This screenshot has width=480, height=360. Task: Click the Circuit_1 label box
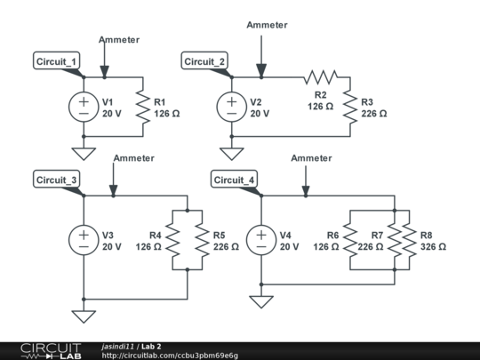coord(57,60)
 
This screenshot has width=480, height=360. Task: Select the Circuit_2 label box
coord(204,60)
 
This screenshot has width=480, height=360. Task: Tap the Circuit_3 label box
coord(57,179)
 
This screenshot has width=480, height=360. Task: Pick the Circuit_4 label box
coord(234,179)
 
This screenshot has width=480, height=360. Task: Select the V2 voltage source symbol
coord(232,107)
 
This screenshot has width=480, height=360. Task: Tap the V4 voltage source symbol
coord(261,240)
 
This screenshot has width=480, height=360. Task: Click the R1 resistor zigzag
coord(143,107)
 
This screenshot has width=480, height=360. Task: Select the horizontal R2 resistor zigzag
coord(321,77)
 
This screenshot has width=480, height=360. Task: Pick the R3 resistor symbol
coord(350,107)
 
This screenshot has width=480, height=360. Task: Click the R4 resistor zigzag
coord(172,240)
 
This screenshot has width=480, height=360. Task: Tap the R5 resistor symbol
coord(202,240)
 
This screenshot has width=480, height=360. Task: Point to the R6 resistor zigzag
coord(350,240)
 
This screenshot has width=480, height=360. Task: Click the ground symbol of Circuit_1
coord(84,154)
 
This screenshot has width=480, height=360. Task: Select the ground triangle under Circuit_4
coord(261,301)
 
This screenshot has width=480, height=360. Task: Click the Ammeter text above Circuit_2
coord(267,25)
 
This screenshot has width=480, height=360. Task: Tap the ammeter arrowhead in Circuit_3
coord(113,190)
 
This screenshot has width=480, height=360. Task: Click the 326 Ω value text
coord(433,247)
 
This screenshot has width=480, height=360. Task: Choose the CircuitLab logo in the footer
coord(51,351)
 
